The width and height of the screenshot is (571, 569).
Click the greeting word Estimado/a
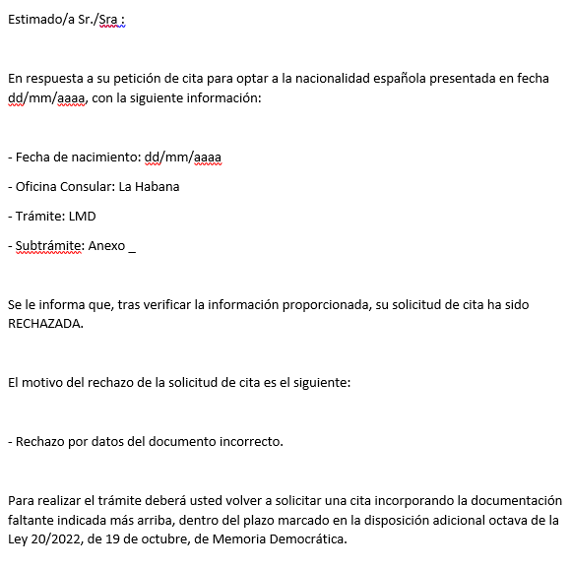[x=40, y=19]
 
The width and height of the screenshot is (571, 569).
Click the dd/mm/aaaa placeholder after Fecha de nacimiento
[x=183, y=157]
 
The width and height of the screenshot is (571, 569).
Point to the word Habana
[x=157, y=186]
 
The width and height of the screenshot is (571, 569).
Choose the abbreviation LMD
[x=83, y=216]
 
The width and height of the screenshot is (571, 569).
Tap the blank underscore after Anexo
[x=132, y=247]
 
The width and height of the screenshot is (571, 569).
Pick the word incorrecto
[x=251, y=440]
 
